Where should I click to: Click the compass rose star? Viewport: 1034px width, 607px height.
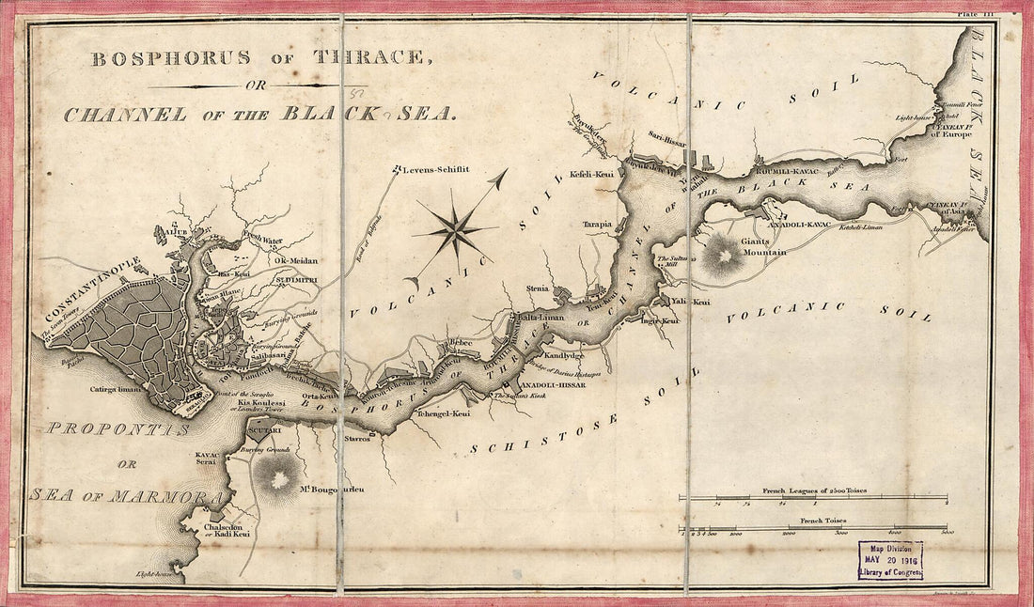point(455,228)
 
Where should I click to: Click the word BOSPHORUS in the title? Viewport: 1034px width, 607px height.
point(171,57)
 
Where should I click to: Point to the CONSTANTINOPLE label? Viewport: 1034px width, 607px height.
point(92,288)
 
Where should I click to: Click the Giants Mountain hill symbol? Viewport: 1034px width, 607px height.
point(721,254)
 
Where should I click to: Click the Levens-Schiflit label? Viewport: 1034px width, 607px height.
point(434,169)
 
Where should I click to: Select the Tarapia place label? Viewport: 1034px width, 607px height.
point(597,225)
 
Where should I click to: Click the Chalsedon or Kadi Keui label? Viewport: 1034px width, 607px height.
point(227,530)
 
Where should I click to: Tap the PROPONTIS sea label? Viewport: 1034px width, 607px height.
point(118,428)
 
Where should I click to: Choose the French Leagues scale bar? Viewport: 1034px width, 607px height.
point(813,497)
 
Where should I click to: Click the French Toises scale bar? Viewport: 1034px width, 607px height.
point(813,527)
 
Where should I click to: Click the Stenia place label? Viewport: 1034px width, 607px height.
point(538,288)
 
